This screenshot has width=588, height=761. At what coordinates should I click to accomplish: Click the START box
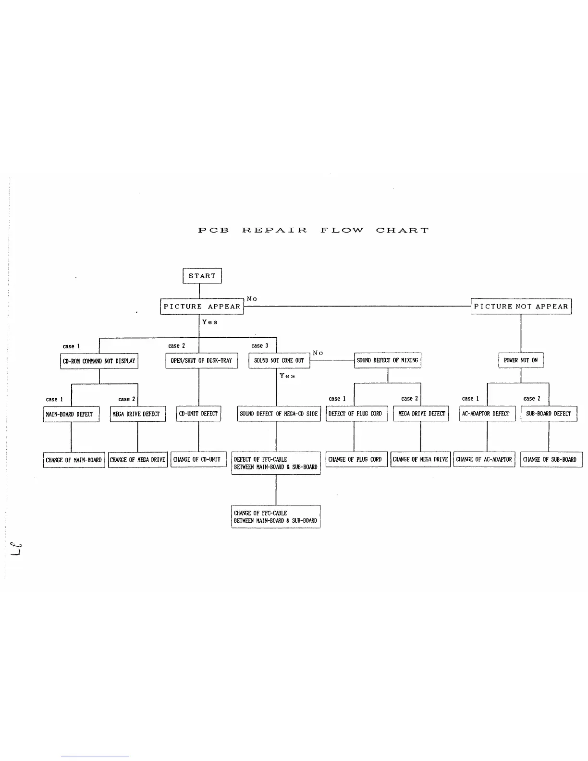(x=202, y=276)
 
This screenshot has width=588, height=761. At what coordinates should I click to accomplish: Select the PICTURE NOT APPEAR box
(x=521, y=307)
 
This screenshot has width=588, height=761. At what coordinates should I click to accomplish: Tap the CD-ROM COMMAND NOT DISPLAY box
(x=99, y=361)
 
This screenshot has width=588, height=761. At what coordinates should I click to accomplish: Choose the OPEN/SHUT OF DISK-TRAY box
(x=201, y=360)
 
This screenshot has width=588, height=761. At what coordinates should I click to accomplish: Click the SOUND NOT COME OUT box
(x=279, y=360)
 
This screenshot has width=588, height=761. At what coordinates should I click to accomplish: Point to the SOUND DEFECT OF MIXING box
(x=387, y=360)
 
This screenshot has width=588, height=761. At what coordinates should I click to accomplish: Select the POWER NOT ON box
(x=521, y=360)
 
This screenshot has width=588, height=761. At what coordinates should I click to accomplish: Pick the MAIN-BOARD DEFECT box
(x=71, y=414)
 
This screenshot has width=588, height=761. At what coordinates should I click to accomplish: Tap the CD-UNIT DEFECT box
(x=198, y=414)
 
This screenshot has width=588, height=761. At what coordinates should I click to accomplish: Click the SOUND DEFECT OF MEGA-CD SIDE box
(x=279, y=414)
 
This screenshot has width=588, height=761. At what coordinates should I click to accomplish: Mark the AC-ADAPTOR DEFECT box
(x=487, y=414)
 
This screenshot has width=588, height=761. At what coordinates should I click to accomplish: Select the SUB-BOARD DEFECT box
(x=549, y=414)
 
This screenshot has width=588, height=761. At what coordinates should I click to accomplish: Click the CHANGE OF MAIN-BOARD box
(x=74, y=460)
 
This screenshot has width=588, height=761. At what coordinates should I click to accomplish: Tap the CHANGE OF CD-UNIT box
(x=198, y=459)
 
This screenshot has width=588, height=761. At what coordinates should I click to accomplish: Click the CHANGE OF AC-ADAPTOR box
(x=484, y=459)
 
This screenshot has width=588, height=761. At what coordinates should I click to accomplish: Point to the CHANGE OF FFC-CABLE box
(x=276, y=516)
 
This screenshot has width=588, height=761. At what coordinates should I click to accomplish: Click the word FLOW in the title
(x=342, y=230)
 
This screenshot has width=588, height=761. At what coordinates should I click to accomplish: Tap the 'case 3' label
(x=260, y=346)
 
